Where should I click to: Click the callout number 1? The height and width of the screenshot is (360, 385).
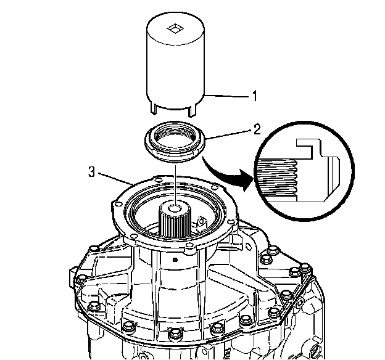click(253, 96)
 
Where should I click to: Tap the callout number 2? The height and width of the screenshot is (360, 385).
click(257, 130)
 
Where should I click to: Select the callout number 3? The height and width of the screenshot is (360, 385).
click(91, 172)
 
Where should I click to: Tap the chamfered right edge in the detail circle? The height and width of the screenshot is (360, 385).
click(333, 179)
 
